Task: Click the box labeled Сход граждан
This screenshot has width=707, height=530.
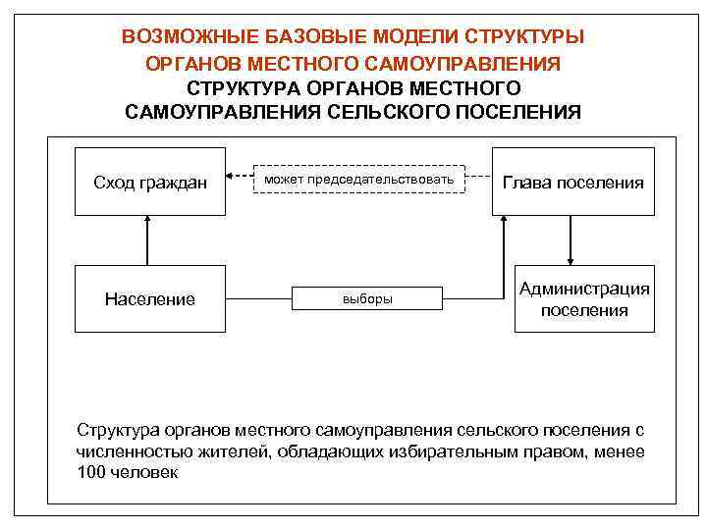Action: [150, 183]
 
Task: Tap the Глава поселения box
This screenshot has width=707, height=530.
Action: [573, 183]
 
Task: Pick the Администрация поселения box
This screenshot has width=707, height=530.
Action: [585, 299]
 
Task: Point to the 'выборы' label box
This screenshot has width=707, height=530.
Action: [367, 299]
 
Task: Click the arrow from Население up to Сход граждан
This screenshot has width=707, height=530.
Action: [147, 241]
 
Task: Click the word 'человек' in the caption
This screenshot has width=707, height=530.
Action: [143, 472]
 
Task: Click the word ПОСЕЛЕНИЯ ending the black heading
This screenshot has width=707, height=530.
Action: [523, 112]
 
